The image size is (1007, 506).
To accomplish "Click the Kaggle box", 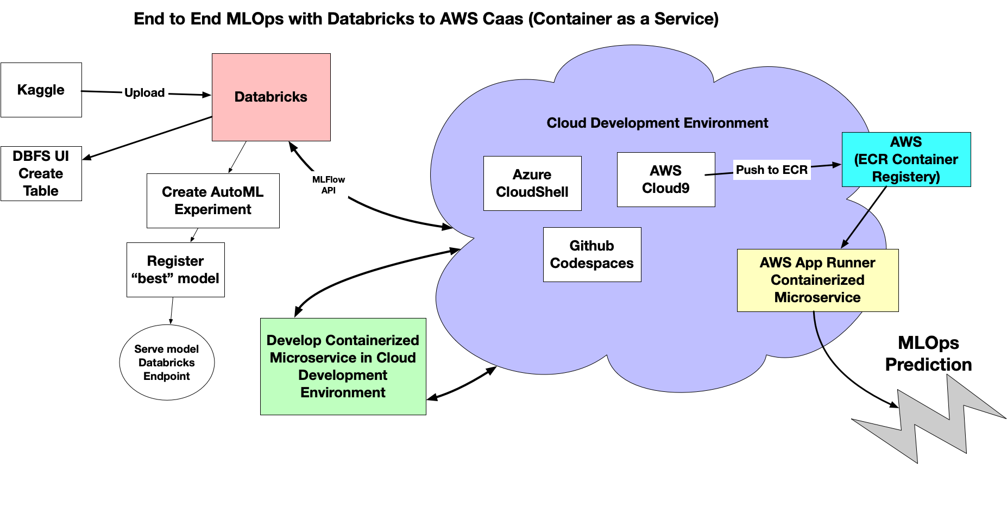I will [41, 90].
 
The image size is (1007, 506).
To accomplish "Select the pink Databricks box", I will [271, 97].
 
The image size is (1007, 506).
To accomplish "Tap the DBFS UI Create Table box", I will [41, 173].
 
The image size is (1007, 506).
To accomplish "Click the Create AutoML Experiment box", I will [213, 201].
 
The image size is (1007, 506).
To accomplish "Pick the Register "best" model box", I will [175, 270].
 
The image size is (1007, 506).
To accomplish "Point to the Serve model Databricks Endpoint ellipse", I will [167, 363].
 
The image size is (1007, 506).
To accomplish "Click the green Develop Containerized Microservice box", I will [343, 366].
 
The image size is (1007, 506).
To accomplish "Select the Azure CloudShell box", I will [532, 183].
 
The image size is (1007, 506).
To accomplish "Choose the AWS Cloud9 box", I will [666, 179].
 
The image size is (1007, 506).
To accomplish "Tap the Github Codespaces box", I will [592, 254].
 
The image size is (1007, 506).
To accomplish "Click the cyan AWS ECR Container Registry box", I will [906, 159].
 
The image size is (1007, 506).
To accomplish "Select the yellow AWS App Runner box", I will [817, 280].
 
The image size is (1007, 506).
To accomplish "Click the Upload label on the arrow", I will [144, 93].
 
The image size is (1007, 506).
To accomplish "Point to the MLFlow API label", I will [329, 185].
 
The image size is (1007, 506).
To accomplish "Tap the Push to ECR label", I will [772, 170].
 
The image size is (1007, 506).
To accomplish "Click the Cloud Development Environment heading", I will [657, 123].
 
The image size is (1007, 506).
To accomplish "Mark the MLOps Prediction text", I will [928, 354].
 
